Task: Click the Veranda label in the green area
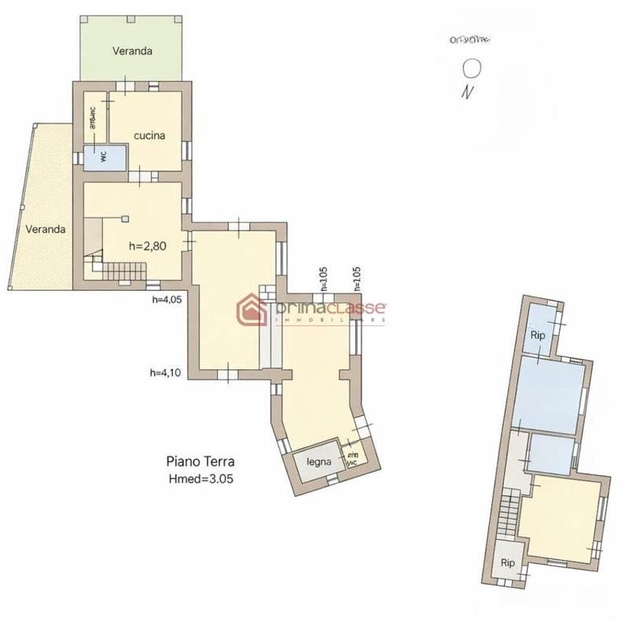(131, 51)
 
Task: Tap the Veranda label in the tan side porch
(44, 230)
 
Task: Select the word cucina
(149, 135)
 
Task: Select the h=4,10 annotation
(166, 373)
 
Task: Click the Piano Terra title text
(200, 462)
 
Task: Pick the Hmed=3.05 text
(200, 477)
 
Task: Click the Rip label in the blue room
(538, 334)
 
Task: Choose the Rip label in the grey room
(508, 563)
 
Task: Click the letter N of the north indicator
(469, 92)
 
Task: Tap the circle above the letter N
(472, 68)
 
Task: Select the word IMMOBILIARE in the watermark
(330, 321)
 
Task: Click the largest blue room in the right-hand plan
(550, 393)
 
